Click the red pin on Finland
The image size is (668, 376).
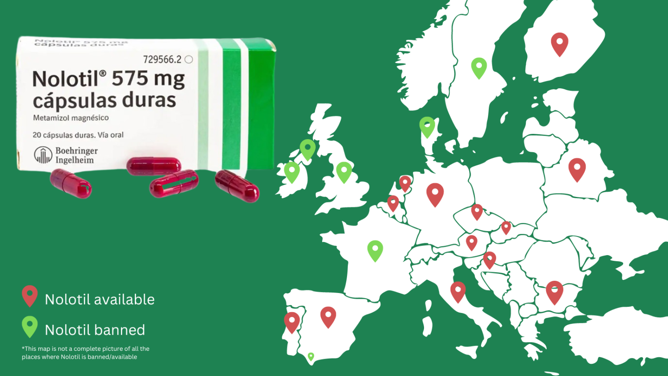(x=559, y=43)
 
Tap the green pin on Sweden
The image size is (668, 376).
(x=479, y=67)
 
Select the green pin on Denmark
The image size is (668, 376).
(x=427, y=126)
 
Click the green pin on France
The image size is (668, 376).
(x=375, y=250)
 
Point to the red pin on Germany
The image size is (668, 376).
(x=435, y=193)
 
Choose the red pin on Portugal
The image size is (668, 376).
(x=292, y=322)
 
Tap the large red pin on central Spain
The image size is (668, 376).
(x=328, y=316)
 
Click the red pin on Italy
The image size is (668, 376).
(x=458, y=291)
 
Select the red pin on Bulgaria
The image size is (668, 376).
(x=554, y=291)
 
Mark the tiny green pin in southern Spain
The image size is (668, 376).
(x=311, y=357)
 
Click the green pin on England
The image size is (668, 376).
(x=344, y=172)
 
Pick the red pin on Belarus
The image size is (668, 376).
(x=577, y=169)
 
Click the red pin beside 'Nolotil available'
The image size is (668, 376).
(x=30, y=295)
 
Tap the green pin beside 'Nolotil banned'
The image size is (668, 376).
(x=30, y=326)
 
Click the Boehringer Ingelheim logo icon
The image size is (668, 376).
(x=43, y=155)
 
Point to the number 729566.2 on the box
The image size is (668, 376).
(x=162, y=60)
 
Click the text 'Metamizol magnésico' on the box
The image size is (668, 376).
(x=71, y=118)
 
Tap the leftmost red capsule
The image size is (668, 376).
(x=70, y=183)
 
